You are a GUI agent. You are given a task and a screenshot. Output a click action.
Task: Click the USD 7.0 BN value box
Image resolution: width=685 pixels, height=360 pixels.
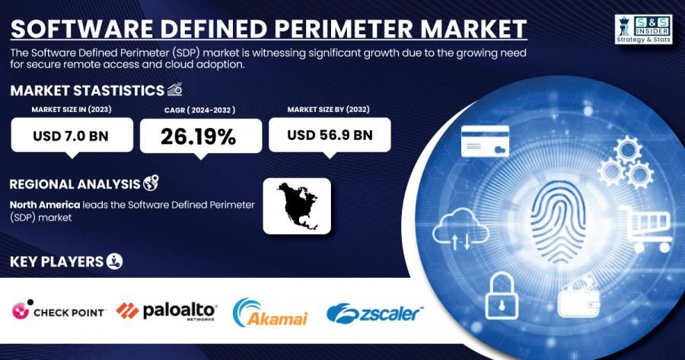coord(72,136)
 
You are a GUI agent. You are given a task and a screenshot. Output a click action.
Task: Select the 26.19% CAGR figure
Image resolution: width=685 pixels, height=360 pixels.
coord(200,136)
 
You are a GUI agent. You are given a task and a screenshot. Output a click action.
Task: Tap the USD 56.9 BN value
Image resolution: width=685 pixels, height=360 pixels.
coord(330,135)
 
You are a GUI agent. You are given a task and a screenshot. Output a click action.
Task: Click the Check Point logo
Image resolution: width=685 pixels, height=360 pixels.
coord(59,311)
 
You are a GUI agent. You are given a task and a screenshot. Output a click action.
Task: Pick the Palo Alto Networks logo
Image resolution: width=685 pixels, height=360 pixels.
coord(166,311)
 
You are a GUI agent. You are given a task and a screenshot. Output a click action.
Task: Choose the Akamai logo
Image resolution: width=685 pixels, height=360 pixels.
coord(270,312)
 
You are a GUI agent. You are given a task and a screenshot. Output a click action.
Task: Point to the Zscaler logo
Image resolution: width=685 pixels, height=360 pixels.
coord(374,312)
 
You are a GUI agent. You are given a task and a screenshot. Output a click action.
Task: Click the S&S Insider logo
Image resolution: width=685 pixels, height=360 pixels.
coord(643,29)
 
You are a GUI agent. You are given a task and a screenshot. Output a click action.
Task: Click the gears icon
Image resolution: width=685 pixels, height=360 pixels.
coord(625,161)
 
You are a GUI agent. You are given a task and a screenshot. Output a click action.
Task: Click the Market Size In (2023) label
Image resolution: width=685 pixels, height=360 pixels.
coord(72,110)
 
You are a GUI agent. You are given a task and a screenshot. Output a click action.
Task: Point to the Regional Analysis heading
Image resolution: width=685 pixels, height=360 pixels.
coord(75,183)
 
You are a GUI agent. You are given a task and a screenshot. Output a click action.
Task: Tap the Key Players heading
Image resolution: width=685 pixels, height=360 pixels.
coord(56,262)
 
